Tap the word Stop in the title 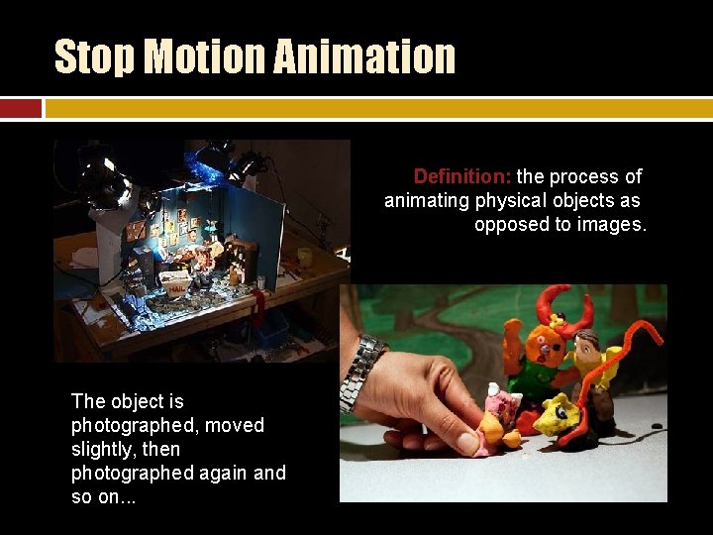(x=95, y=56)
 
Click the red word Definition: (x=461, y=176)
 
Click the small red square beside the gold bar (x=21, y=108)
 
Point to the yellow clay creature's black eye (x=561, y=410)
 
